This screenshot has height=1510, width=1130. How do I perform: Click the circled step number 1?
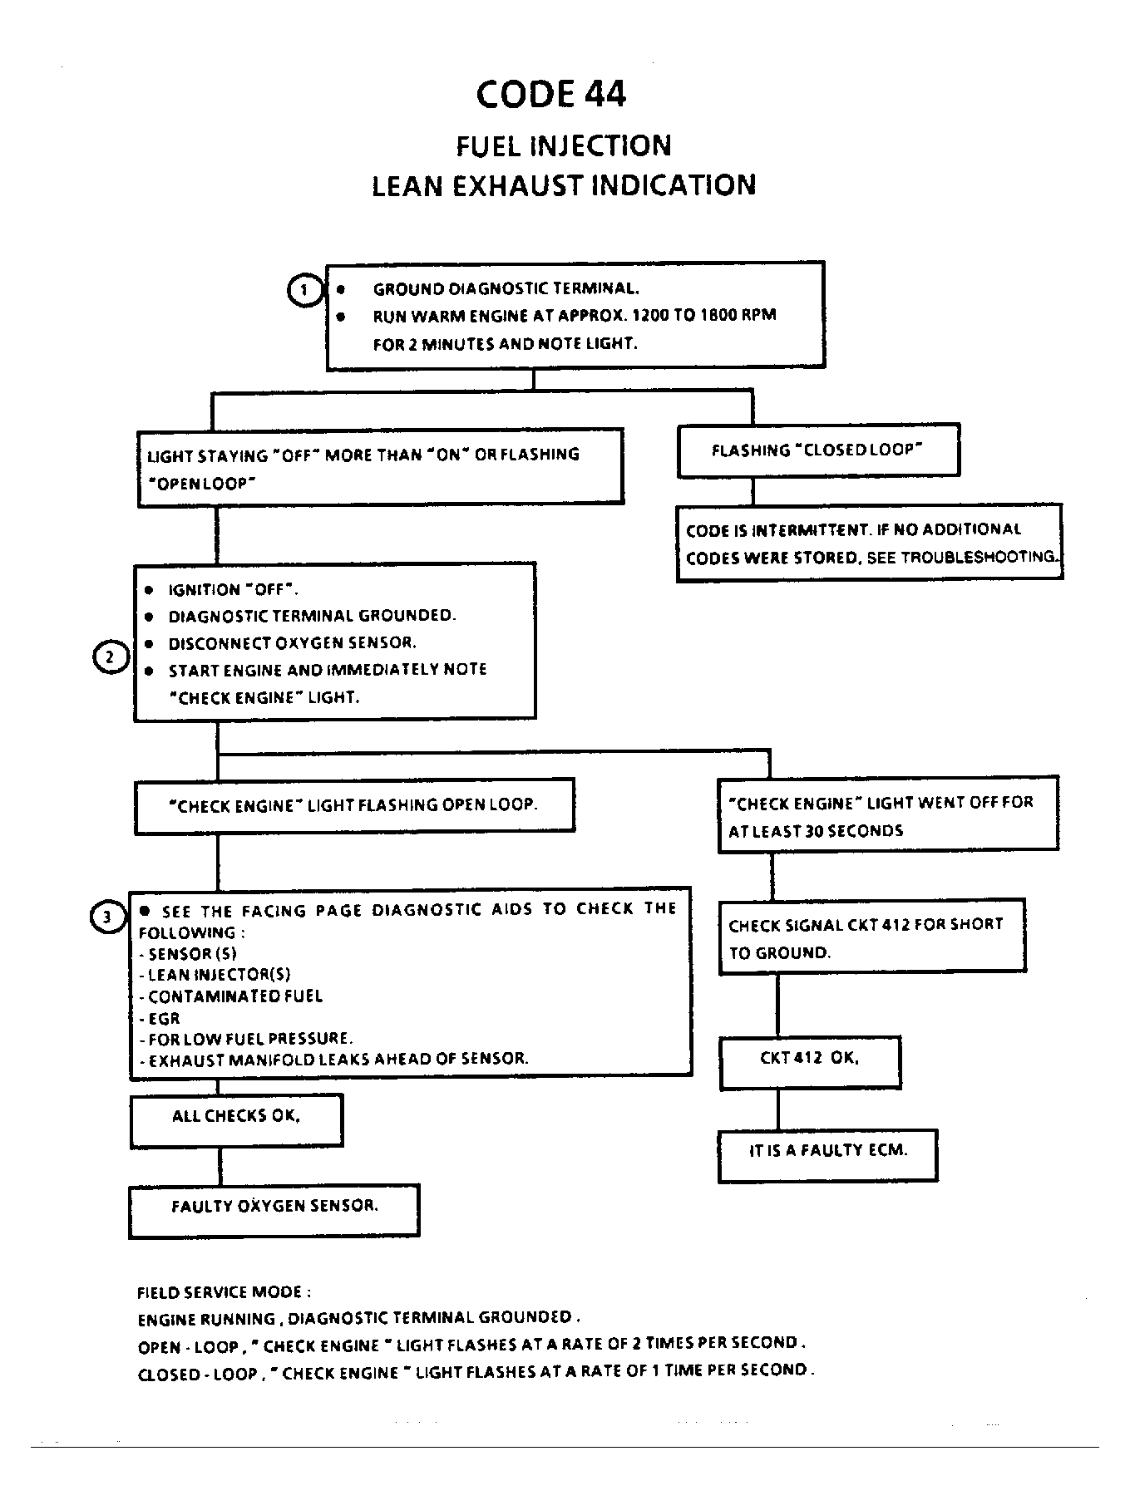[x=304, y=290]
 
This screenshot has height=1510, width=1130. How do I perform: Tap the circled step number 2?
[x=110, y=657]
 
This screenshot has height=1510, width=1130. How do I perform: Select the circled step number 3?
[x=106, y=917]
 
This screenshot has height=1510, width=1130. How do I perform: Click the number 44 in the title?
[x=605, y=94]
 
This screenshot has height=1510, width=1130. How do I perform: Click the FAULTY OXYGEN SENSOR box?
[x=274, y=1211]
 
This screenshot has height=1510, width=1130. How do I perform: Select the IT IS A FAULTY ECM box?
[x=828, y=1155]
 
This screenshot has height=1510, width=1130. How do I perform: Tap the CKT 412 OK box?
[x=811, y=1062]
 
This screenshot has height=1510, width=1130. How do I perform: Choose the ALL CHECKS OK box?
[x=237, y=1120]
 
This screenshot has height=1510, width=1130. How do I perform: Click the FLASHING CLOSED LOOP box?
[x=819, y=450]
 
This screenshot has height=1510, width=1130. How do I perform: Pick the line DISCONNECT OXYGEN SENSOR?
[x=292, y=643]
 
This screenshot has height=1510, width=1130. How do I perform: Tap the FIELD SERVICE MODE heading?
[x=225, y=1292]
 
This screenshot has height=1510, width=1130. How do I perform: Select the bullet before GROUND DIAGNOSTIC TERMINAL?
[x=341, y=290]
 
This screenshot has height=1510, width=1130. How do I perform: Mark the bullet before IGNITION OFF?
[x=149, y=590]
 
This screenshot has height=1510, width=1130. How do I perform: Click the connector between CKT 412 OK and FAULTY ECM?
[x=778, y=1109]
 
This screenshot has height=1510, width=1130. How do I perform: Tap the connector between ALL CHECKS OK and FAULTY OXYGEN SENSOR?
[x=220, y=1166]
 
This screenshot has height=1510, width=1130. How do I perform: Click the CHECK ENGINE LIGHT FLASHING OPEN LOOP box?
[x=354, y=805]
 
